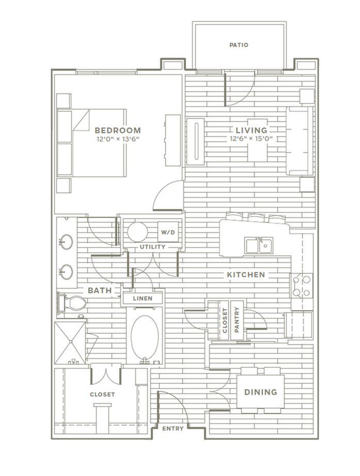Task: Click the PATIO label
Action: [239, 45]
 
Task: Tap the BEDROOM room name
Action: [118, 131]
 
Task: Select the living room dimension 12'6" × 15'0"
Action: [251, 139]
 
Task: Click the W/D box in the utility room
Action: [168, 232]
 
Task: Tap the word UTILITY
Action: [152, 247]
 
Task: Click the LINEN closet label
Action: [143, 298]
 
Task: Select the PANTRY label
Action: [237, 320]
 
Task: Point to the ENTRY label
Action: [173, 429]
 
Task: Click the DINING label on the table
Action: [261, 392]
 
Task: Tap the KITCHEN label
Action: [246, 275]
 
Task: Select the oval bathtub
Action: [145, 337]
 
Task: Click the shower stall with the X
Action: [70, 343]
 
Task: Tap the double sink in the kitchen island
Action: [259, 245]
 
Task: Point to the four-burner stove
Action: [301, 285]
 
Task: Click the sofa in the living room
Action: [300, 141]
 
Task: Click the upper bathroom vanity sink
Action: [66, 242]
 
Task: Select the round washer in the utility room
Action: [137, 232]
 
